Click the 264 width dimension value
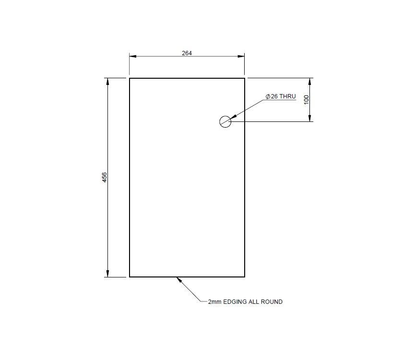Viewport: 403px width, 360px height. point(187,53)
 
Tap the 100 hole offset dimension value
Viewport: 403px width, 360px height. point(307,99)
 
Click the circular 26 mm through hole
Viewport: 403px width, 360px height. point(225,121)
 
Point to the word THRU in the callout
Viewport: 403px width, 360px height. point(288,96)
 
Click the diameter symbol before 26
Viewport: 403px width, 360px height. point(268,96)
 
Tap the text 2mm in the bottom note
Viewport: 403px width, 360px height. point(214,302)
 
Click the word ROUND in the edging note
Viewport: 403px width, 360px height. point(273,302)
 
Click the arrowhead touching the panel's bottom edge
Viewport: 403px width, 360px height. point(179,279)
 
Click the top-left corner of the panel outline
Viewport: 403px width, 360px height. point(130,78)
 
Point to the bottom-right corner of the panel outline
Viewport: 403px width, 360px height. point(245,277)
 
